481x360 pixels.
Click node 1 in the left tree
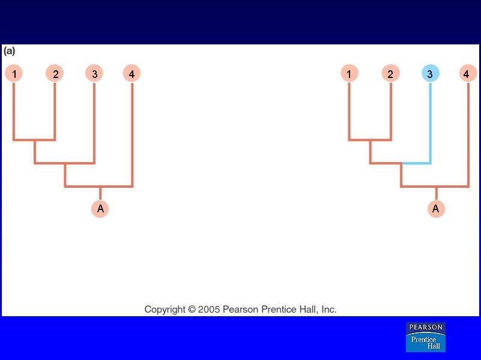pos(14,74)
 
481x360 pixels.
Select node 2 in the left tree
pos(55,74)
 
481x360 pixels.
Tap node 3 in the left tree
pos(94,74)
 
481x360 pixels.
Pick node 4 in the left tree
pos(132,74)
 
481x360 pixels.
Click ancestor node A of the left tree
pos(100,209)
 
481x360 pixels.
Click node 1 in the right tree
pos(349,74)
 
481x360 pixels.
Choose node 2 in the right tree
pos(390,74)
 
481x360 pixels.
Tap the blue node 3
pos(430,74)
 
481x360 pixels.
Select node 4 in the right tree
pos(467,74)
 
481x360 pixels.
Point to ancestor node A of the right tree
pos(437,209)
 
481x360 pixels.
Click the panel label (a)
pos(9,51)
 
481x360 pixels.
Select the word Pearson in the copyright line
pos(240,310)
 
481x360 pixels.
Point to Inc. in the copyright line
pos(329,310)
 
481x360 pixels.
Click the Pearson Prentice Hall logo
pos(426,337)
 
